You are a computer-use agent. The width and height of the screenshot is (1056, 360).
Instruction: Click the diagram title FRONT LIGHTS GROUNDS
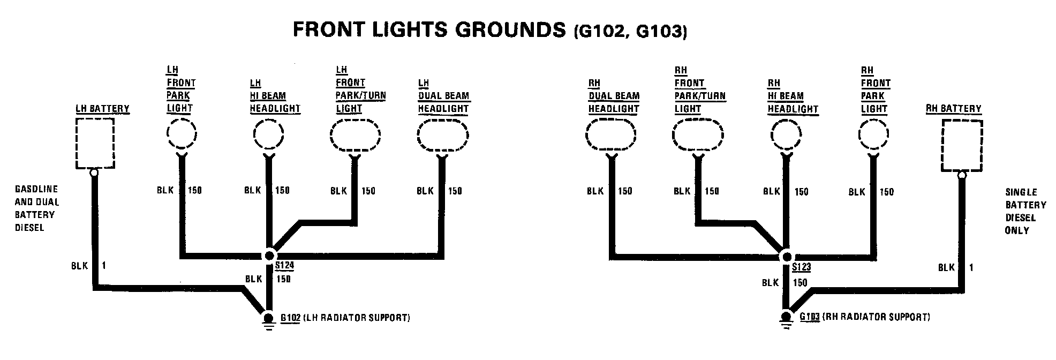tap(428, 30)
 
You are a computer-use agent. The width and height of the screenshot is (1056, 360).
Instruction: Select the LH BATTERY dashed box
tap(94, 144)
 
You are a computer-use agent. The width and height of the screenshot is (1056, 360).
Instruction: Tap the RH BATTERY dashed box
tap(962, 146)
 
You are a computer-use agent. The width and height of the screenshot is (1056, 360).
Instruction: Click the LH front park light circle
tap(182, 134)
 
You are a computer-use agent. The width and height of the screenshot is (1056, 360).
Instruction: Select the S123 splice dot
tap(786, 257)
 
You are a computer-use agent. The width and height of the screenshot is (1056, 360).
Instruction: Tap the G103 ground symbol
tap(786, 320)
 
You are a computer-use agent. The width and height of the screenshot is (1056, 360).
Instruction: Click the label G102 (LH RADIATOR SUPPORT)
tap(345, 318)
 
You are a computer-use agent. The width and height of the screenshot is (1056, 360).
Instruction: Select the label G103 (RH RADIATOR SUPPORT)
tap(864, 317)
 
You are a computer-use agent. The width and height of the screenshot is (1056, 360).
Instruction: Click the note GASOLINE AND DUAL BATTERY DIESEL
tap(36, 208)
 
